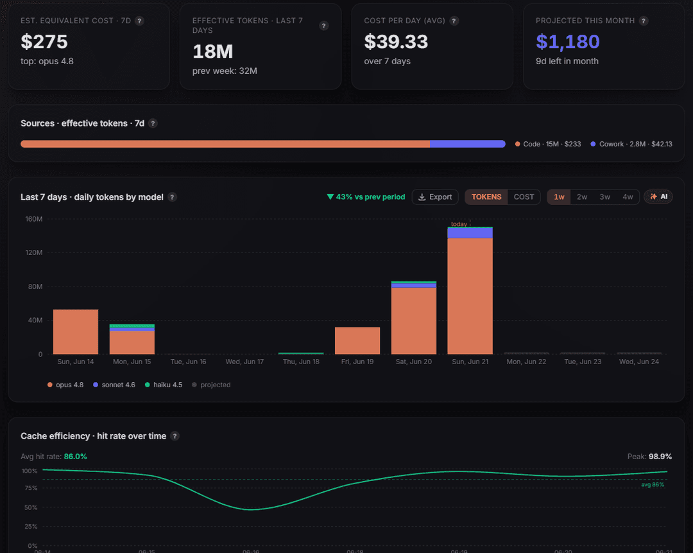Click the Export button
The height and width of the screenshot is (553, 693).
click(435, 197)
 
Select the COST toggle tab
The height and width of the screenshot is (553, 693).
click(524, 197)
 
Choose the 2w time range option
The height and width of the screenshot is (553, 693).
click(581, 197)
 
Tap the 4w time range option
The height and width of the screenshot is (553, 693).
click(628, 197)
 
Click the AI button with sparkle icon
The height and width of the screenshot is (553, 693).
click(658, 197)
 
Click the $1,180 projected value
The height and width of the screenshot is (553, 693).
click(567, 42)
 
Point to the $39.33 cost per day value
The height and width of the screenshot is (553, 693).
click(396, 42)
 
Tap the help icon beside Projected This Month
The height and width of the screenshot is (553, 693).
click(644, 21)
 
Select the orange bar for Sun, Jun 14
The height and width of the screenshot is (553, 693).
click(76, 332)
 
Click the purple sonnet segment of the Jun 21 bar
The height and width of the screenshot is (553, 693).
click(470, 233)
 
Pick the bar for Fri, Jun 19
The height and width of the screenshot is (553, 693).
click(357, 340)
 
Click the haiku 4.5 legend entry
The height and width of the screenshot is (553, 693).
click(164, 385)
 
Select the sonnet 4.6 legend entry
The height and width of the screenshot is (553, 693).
click(114, 385)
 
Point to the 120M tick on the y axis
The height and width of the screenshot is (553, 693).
click(34, 252)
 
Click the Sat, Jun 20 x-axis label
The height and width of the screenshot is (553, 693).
click(414, 362)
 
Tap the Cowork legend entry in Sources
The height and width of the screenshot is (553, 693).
click(631, 145)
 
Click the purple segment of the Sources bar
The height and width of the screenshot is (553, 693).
click(468, 144)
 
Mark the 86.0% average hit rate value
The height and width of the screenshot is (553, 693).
click(75, 457)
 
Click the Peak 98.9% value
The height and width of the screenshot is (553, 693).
click(660, 457)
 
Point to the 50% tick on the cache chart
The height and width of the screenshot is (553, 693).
click(31, 507)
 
